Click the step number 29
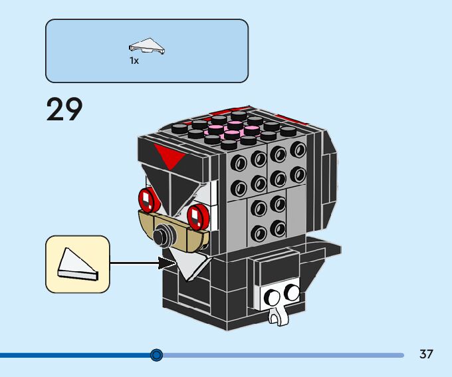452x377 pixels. (x=64, y=110)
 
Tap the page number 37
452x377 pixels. (x=426, y=354)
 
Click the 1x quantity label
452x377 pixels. (x=134, y=61)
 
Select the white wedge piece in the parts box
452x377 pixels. (x=147, y=47)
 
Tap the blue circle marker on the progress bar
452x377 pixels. (x=156, y=355)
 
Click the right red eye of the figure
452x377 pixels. (x=197, y=215)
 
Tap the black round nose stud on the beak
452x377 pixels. (x=162, y=235)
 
